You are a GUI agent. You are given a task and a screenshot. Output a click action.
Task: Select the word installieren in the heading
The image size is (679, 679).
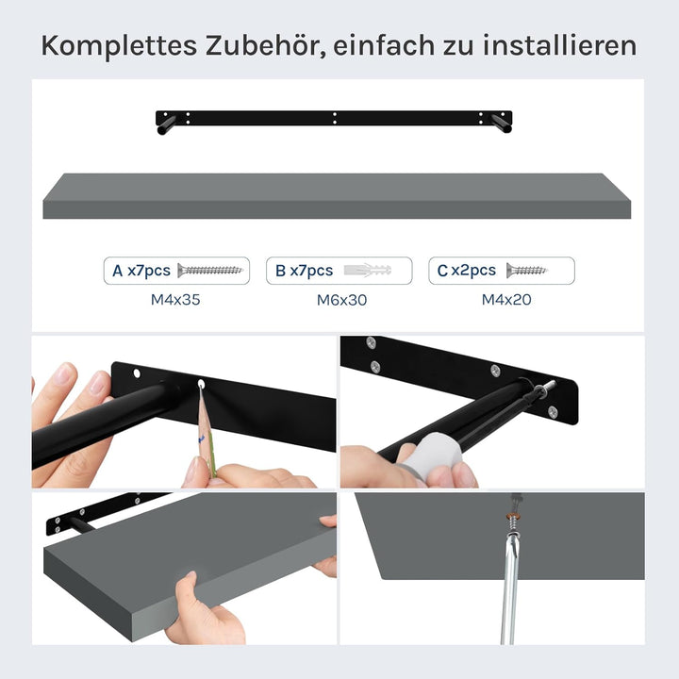click(x=559, y=45)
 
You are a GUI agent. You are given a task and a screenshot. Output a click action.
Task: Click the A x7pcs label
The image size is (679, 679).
click(x=141, y=271)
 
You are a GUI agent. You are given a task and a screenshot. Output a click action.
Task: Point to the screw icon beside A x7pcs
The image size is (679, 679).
click(x=209, y=271)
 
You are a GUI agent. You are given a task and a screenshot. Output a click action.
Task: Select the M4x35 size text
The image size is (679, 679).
click(x=175, y=300)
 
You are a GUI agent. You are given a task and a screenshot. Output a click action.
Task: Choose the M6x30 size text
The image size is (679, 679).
click(x=340, y=300)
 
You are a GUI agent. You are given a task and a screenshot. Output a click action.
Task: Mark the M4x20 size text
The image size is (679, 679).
click(x=503, y=300)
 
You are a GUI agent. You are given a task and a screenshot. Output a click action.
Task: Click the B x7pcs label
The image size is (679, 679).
click(x=304, y=271)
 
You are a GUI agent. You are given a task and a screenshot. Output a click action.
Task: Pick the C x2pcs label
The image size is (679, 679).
click(x=467, y=271)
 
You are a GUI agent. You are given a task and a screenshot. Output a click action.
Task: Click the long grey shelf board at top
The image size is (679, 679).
click(x=337, y=195)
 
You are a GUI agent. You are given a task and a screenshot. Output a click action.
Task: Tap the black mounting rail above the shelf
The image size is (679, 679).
click(x=335, y=119)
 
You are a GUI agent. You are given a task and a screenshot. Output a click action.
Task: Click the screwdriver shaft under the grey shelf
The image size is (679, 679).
click(x=508, y=585)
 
